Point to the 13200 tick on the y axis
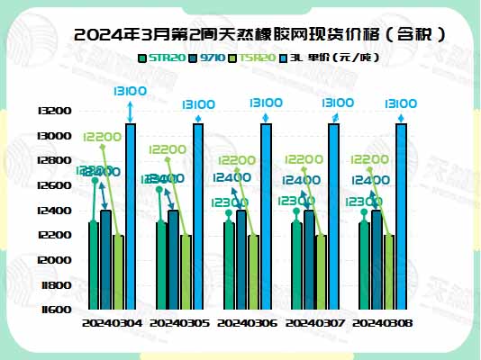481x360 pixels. click(x=57, y=111)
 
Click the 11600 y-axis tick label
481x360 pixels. click(x=57, y=310)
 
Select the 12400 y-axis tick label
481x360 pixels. click(x=57, y=211)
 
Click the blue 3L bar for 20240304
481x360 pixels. click(x=131, y=216)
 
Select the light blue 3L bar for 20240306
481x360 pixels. click(x=266, y=216)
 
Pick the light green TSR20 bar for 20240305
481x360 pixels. click(x=186, y=272)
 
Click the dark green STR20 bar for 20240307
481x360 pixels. click(x=296, y=265)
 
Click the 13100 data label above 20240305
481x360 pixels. click(x=197, y=104)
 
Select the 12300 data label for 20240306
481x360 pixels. click(x=228, y=202)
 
